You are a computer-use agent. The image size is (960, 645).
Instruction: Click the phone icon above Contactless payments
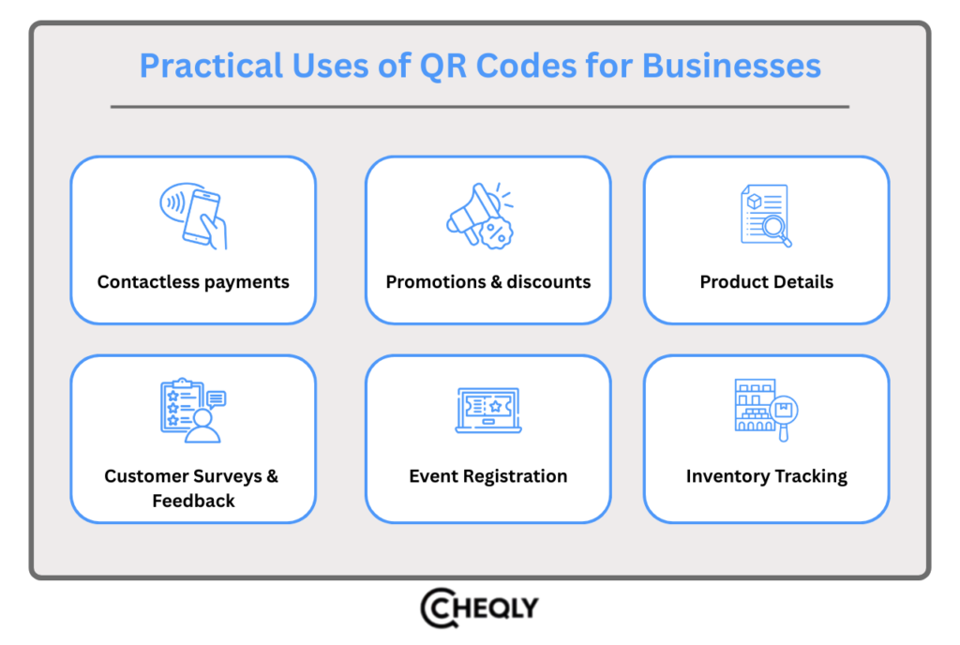point(194,218)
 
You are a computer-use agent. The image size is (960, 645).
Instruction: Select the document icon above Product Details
point(766,217)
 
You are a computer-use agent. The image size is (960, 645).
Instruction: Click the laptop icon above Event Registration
point(487,411)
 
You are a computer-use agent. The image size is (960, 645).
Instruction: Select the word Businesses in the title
point(737,66)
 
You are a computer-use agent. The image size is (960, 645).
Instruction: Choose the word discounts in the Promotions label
point(549,281)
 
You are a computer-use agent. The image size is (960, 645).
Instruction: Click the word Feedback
point(193,501)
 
